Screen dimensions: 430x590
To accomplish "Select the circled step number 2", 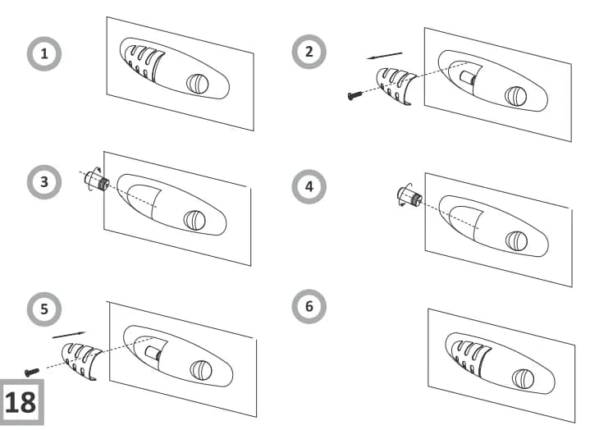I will click(x=309, y=52).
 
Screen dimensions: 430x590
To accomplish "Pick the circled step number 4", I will click(x=309, y=186).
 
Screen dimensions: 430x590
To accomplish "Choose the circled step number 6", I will click(x=309, y=306).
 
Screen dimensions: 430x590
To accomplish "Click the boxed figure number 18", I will click(x=21, y=402).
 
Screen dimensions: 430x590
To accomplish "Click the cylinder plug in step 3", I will click(x=96, y=181).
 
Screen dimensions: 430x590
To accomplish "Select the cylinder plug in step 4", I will click(x=408, y=197).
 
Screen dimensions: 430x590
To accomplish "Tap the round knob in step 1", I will click(x=197, y=84).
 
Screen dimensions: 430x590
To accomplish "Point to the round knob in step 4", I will click(x=516, y=240).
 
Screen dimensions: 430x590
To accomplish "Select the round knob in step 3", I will click(x=194, y=220).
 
